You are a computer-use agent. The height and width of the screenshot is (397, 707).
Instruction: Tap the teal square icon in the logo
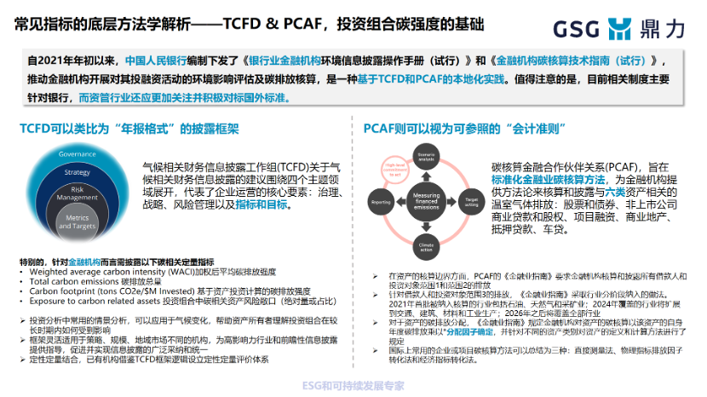(x=621, y=28)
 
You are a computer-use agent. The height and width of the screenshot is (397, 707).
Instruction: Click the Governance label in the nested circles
(x=77, y=154)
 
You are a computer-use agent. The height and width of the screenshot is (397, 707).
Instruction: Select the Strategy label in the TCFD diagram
(x=77, y=172)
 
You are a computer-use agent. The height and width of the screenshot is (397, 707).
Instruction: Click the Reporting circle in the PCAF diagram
(x=381, y=202)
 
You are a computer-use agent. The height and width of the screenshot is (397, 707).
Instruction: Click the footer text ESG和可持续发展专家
(x=353, y=385)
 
